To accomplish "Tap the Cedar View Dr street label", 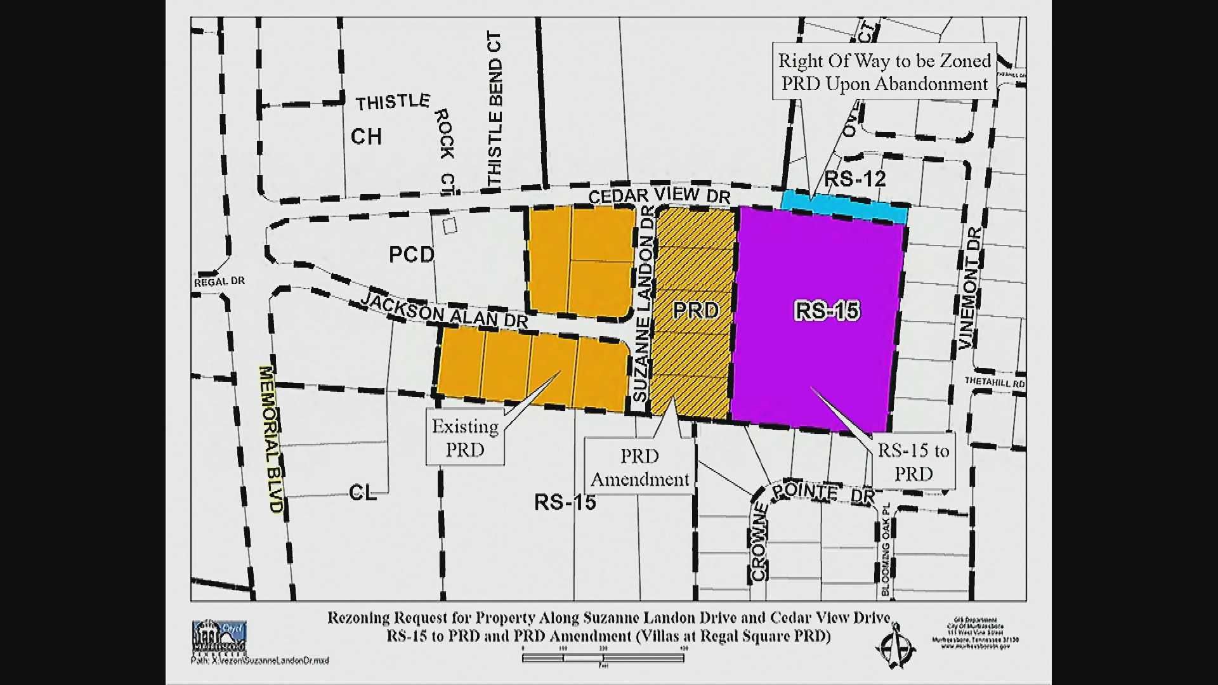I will [660, 197].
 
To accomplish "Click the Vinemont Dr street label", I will [971, 289].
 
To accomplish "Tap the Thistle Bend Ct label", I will [495, 111].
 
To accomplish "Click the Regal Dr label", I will [219, 281].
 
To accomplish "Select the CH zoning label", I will [366, 136].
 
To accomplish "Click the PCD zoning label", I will [412, 255].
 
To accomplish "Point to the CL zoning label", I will [363, 493].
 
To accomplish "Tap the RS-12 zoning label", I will [855, 179].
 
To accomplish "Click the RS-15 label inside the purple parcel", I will [827, 311].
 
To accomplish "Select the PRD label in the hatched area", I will [696, 310].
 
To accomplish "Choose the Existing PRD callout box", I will [465, 438].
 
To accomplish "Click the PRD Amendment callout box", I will [639, 468].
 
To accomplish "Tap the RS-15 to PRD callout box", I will [913, 462].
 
